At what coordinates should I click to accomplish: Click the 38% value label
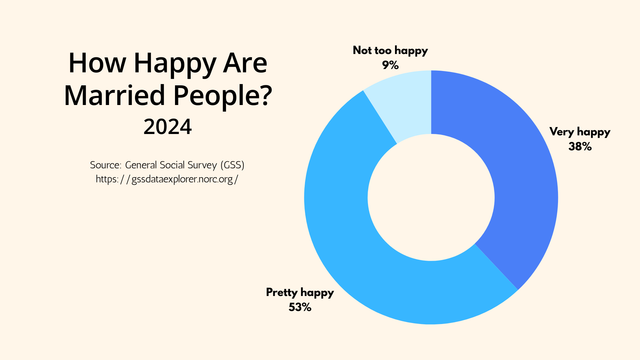(580, 147)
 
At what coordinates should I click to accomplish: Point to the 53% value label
(300, 307)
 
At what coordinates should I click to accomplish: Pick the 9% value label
(390, 65)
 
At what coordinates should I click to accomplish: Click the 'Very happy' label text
(580, 132)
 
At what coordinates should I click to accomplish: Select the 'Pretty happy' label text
(300, 292)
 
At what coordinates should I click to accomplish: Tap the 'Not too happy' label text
(390, 50)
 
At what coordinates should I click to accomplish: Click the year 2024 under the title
(168, 127)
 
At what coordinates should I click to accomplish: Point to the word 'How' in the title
(97, 63)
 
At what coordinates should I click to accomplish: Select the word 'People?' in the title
(223, 95)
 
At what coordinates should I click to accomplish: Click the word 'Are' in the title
(245, 63)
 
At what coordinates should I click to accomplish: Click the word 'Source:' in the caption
(105, 165)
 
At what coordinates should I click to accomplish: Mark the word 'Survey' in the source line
(202, 165)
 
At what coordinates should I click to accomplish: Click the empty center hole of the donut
(431, 197)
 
